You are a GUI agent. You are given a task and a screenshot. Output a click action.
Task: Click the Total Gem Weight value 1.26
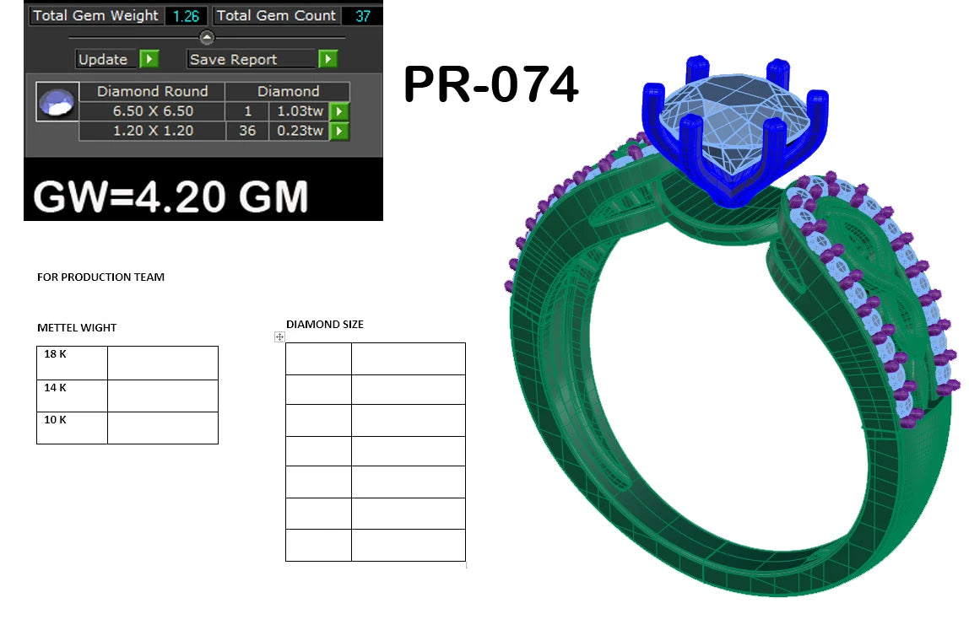pos(186,16)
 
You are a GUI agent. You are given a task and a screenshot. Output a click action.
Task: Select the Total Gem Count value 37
pos(363,16)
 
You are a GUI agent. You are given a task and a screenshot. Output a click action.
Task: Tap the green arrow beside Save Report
pos(328,59)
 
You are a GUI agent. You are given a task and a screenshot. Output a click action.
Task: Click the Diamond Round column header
pos(152,91)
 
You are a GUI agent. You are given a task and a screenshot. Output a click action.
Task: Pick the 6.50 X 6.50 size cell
pos(152,111)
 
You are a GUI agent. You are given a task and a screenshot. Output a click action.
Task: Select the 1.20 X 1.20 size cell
pos(152,131)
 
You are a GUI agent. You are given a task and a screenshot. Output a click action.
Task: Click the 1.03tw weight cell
pos(300,111)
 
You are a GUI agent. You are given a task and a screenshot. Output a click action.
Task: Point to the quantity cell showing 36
pos(247,131)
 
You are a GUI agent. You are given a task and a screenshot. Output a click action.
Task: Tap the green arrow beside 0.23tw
pos(339,131)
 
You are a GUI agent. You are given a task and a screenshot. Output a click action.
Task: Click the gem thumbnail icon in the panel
pos(57,102)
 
